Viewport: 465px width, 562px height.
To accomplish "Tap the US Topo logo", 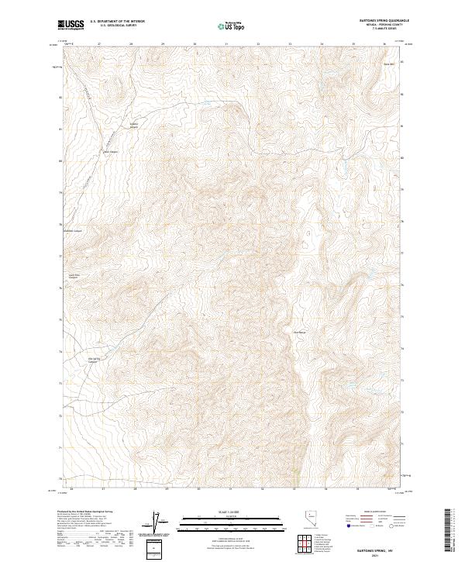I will coord(232,26).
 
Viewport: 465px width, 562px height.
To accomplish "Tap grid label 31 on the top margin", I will coord(226,43).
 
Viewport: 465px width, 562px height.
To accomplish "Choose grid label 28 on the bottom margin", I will coord(135,489).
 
